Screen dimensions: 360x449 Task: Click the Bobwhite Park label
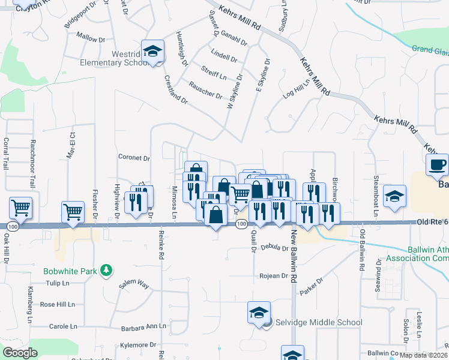(70, 271)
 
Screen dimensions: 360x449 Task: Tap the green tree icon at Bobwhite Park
(106, 271)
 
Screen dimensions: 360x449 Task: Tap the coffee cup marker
(437, 164)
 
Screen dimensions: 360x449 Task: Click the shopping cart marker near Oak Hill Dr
(20, 208)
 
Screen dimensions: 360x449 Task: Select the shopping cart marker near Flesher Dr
(73, 211)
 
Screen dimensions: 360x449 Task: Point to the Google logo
(20, 353)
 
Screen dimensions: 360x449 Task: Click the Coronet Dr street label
(134, 158)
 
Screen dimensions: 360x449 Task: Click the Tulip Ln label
(58, 283)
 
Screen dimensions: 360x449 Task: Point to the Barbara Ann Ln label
(143, 328)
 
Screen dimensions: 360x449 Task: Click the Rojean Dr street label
(274, 276)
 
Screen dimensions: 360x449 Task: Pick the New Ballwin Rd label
(295, 256)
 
